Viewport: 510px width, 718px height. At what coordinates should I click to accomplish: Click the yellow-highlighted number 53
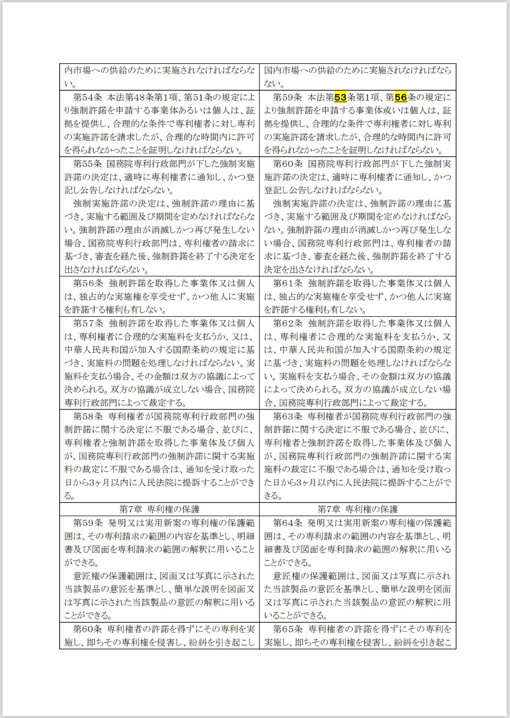click(340, 97)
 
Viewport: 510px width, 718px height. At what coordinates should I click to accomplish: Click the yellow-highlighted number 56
click(401, 97)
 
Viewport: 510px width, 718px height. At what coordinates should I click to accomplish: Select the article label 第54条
click(88, 97)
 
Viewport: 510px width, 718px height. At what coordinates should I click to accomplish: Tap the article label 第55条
click(88, 164)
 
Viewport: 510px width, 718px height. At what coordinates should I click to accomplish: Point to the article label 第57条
click(88, 324)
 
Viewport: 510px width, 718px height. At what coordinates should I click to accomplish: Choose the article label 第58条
click(88, 416)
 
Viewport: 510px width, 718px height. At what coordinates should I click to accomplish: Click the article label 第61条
click(288, 284)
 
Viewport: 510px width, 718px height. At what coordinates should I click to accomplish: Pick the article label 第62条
click(288, 324)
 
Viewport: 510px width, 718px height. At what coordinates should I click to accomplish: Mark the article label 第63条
click(288, 416)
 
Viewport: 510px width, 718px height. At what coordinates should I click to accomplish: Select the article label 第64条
click(288, 523)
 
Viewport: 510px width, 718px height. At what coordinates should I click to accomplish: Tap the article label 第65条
click(288, 629)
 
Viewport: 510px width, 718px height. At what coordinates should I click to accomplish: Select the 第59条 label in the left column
click(88, 523)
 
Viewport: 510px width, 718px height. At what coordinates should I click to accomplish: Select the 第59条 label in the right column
click(288, 97)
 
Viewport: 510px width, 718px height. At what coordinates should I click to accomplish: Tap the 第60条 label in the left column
click(88, 629)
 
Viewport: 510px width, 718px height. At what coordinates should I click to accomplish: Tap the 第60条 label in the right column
click(288, 164)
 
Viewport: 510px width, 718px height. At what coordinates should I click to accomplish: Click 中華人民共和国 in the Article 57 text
click(92, 350)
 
